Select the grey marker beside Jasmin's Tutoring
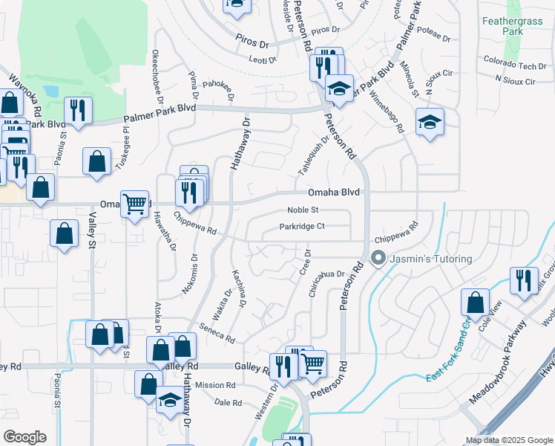(x=378, y=259)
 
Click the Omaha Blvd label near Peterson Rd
(x=334, y=192)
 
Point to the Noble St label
(x=303, y=210)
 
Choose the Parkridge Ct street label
(x=302, y=227)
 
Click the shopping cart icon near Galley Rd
(x=313, y=363)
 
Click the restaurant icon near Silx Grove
(x=524, y=281)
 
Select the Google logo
(x=24, y=437)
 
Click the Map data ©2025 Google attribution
(x=508, y=440)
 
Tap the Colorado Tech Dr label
(x=510, y=65)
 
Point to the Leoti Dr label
(x=262, y=59)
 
